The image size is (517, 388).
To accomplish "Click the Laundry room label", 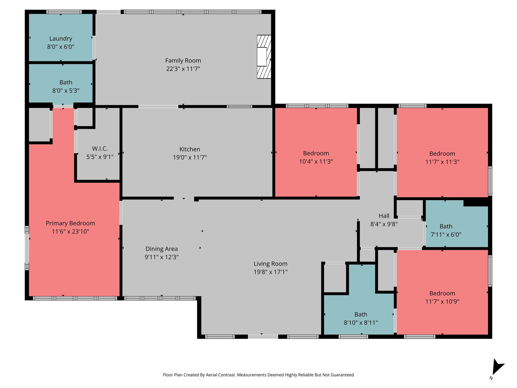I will pos(61,39).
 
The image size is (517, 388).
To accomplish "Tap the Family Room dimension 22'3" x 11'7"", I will pos(183,69).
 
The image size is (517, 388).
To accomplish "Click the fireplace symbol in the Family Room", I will pos(264,57).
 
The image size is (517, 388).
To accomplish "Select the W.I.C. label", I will pos(100,149).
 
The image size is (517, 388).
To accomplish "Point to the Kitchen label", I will pos(190,149).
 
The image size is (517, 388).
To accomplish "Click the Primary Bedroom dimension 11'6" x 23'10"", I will pos(70,231).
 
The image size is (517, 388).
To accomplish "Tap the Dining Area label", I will pos(162,249).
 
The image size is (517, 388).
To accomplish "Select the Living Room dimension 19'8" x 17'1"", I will pos(270,272).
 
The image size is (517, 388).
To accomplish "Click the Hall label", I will pos(384,216).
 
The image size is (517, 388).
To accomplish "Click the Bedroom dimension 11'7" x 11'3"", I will pos(442,162).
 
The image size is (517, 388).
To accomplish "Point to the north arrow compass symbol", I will pos(497,368).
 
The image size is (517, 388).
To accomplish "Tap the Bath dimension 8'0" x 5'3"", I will pos(66,91).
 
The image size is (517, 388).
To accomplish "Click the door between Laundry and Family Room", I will pos(94,47).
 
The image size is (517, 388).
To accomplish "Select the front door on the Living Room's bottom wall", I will pos(263,336).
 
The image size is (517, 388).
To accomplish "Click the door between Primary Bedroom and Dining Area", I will pos(121,213).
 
